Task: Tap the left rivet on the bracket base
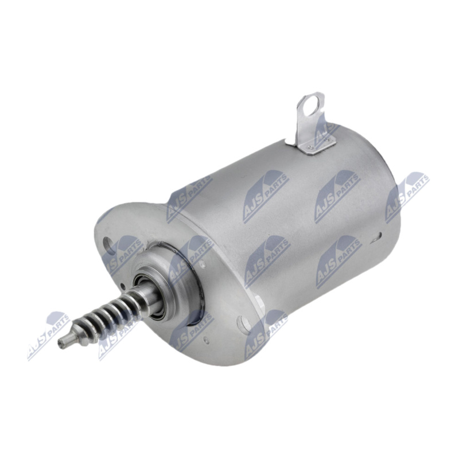coord(310,146)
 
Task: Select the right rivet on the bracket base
coord(328,140)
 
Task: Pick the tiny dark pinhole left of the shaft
coord(123,285)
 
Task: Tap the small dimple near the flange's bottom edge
coord(207,340)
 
